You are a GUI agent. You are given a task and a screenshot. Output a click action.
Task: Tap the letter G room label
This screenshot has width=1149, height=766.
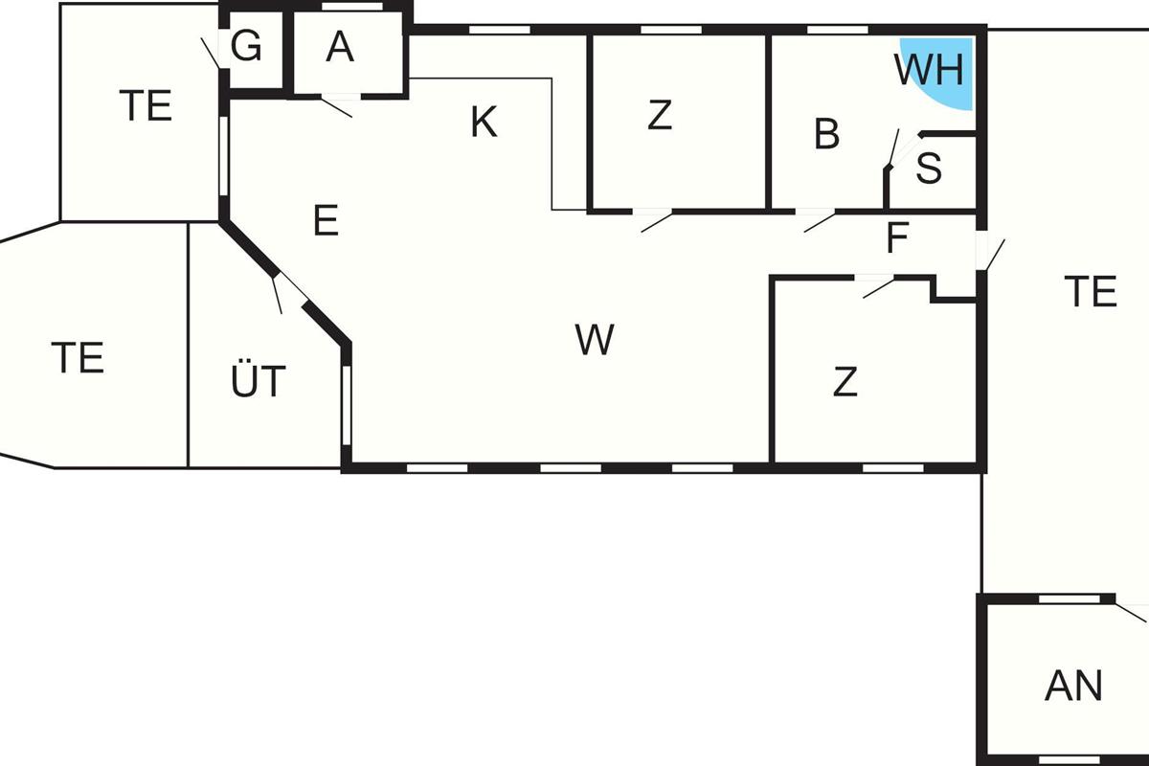click(246, 46)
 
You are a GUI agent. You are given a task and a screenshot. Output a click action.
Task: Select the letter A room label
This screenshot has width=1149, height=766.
click(340, 47)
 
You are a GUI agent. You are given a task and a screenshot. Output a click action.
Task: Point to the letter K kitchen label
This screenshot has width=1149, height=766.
click(484, 123)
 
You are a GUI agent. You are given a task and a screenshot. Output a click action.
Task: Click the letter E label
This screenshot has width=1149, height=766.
click(326, 220)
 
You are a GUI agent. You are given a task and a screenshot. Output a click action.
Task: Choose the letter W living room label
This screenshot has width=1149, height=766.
click(595, 339)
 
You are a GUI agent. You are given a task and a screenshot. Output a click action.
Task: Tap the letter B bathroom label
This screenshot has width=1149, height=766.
click(827, 134)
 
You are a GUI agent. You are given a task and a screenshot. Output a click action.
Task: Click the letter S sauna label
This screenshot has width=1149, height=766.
click(929, 169)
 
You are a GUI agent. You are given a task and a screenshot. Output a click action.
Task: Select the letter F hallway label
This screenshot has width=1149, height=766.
click(898, 237)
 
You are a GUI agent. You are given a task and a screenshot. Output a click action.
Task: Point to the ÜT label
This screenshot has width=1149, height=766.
click(258, 381)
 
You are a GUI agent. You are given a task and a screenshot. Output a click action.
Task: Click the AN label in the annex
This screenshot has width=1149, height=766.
click(1073, 686)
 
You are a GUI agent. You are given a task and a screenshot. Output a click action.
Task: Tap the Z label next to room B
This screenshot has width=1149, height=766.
click(660, 115)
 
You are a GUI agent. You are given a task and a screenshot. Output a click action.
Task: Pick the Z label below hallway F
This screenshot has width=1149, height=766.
click(845, 381)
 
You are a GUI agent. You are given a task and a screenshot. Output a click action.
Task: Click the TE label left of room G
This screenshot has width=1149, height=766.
click(146, 105)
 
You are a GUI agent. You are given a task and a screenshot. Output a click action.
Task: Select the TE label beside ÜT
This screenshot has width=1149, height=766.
click(78, 357)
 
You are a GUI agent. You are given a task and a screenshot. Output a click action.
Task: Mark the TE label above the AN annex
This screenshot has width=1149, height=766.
click(1091, 291)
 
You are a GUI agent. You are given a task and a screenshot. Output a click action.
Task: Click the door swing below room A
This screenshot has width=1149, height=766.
click(337, 107)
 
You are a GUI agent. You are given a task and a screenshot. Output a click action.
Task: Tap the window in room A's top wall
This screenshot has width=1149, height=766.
click(352, 7)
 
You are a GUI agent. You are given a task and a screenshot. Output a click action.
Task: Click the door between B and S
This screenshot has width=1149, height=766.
click(893, 148)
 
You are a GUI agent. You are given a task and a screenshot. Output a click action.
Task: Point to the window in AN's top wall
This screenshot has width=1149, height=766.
click(1070, 598)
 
